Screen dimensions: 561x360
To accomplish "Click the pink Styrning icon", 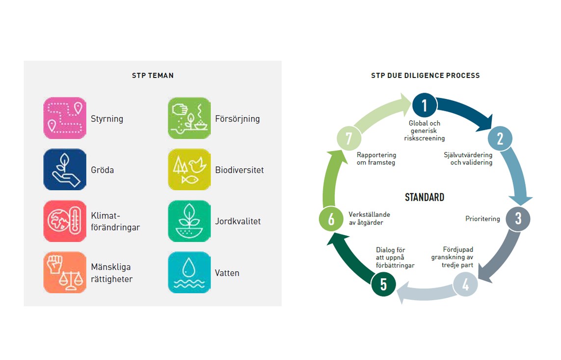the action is click(x=65, y=118).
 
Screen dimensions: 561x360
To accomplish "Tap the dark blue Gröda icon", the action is click(x=65, y=169).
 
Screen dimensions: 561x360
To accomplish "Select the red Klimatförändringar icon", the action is click(x=65, y=221).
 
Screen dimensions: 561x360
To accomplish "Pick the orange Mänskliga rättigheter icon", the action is click(x=65, y=272).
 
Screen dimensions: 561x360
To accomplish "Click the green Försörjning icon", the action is click(x=189, y=118).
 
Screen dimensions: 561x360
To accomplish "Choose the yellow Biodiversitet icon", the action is click(x=189, y=169).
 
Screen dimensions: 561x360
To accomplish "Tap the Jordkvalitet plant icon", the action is click(x=189, y=221).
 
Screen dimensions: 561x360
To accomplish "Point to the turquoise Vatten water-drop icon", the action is click(x=189, y=272).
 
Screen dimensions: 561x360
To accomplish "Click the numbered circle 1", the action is click(x=425, y=105).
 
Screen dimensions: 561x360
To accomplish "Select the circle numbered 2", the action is click(x=500, y=138).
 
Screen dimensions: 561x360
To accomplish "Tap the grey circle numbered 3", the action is click(x=518, y=218).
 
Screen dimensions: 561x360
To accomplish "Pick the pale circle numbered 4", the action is click(x=465, y=284).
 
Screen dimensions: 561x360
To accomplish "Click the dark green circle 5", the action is click(x=383, y=284).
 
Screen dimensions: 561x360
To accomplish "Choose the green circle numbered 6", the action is click(x=331, y=219).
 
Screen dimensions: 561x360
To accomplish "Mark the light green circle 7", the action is click(x=349, y=138).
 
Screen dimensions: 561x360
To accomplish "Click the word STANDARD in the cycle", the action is click(x=425, y=197).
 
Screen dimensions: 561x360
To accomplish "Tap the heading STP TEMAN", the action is click(x=153, y=76).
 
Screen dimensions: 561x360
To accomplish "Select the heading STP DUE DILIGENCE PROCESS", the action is click(x=425, y=76).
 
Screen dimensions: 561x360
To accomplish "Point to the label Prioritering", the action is click(x=482, y=218).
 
